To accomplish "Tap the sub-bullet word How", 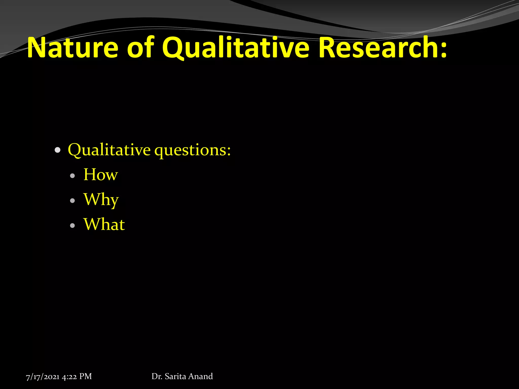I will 101,174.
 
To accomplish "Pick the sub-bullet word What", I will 104,224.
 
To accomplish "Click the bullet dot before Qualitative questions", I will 58,150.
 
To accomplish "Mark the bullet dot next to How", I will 73,176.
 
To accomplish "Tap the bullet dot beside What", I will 73,225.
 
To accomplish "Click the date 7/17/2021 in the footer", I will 43,377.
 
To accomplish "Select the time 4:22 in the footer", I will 69,377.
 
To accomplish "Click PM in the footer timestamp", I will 85,377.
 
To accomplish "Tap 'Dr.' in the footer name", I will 157,376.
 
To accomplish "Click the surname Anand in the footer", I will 200,376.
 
